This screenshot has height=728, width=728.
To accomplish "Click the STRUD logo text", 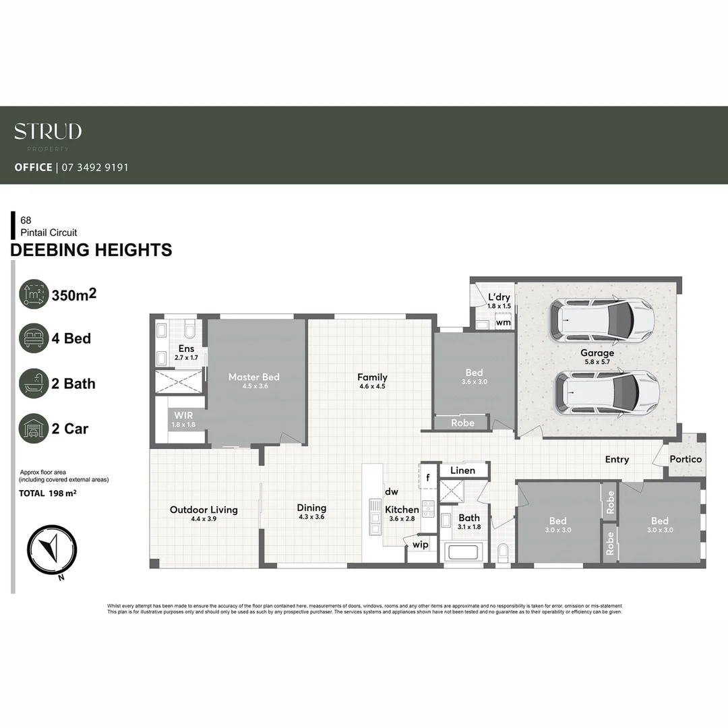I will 48,131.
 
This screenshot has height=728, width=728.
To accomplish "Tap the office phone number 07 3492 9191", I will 95,167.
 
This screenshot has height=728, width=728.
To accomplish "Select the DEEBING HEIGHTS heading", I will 91,250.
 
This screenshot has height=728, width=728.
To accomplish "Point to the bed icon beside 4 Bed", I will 34,338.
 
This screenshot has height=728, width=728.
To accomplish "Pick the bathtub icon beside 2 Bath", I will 34,384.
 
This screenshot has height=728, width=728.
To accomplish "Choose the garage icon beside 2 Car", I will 34,429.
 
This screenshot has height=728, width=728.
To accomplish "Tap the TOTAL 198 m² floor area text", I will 47,493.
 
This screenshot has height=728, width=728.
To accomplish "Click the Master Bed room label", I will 253,377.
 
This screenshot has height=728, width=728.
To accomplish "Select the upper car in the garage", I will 602,319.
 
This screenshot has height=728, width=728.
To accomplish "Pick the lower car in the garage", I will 607,393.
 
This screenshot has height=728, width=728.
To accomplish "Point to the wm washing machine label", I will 503,323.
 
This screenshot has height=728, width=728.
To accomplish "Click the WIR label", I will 183,416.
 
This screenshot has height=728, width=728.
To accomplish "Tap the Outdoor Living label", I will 204,510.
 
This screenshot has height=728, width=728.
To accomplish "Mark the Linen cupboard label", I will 462,471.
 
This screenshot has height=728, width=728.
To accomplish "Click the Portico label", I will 686,459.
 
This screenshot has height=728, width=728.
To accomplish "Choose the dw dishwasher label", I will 392,492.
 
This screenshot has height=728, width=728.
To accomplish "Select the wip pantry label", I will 421,544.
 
